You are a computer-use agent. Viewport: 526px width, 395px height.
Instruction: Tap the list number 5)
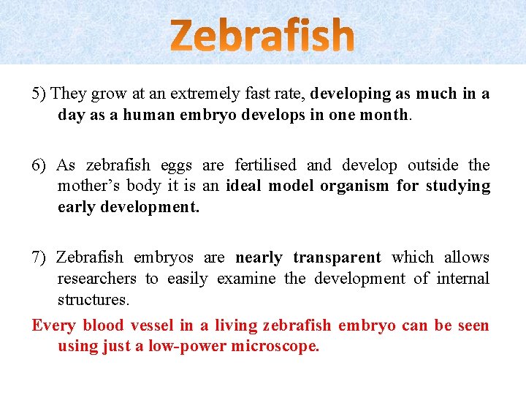[39, 94]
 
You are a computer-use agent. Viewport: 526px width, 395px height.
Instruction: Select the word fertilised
[266, 165]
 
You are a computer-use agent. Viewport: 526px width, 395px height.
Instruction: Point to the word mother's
[88, 186]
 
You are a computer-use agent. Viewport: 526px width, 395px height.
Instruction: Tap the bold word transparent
[337, 257]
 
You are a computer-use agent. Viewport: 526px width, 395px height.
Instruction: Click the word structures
[93, 300]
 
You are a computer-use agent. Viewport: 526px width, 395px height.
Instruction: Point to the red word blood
[104, 326]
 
